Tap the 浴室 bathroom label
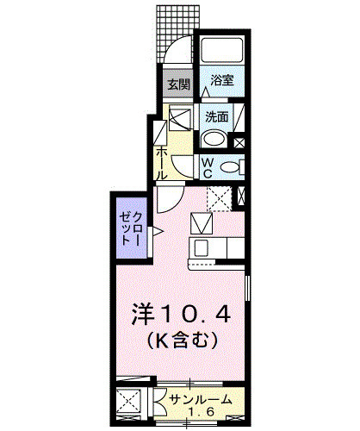click(x=222, y=80)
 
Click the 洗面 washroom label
click(x=215, y=116)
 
